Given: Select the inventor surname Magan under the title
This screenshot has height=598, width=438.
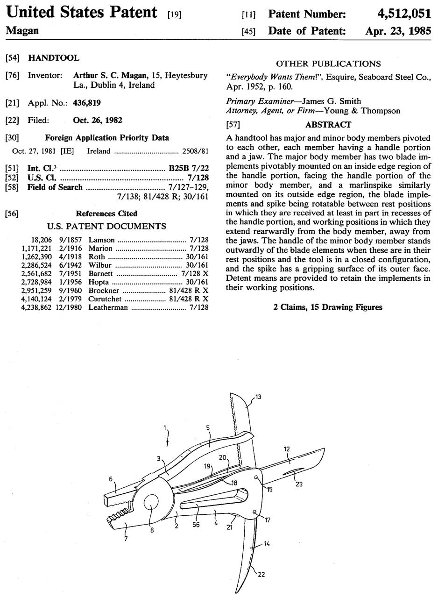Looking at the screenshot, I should [x=22, y=31].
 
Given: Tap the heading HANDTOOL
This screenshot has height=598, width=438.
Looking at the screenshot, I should [x=54, y=58].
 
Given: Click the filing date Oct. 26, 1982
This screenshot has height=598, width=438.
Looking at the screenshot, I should [x=98, y=120].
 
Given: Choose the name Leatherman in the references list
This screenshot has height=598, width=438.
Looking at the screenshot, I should [x=108, y=307].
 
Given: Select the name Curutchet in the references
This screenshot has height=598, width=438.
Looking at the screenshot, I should [x=105, y=299].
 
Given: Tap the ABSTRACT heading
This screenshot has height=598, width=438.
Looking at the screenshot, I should [x=328, y=125].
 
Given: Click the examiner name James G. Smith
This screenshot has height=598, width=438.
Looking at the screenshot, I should [x=331, y=101].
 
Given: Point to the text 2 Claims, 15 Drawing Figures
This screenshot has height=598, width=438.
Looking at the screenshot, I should [x=328, y=307].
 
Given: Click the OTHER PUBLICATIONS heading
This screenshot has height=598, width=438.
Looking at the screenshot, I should [x=328, y=64].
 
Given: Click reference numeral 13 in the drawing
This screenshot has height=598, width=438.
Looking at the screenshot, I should [x=258, y=397].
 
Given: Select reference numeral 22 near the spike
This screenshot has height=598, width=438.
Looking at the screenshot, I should [x=261, y=574].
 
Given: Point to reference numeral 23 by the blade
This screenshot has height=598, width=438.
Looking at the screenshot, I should [x=299, y=484].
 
